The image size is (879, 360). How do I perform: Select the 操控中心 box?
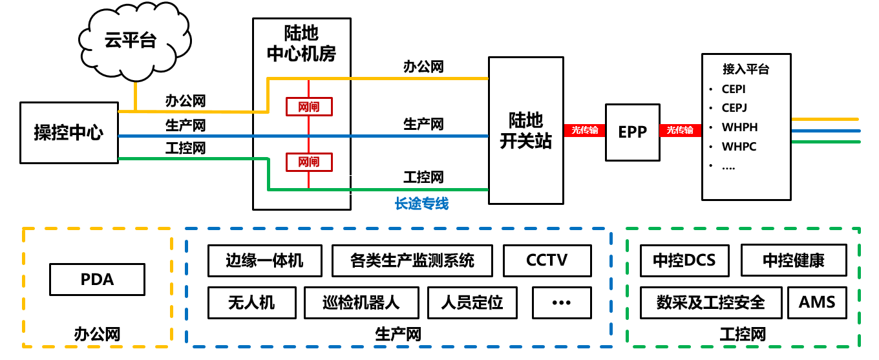[69, 132]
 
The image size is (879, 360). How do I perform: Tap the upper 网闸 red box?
[309, 107]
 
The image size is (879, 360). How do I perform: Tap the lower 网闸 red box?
[309, 162]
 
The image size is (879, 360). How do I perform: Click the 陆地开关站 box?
[525, 131]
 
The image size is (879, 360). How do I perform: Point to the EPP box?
[632, 132]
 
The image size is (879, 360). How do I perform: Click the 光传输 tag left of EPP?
[584, 130]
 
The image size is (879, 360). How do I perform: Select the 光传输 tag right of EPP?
[680, 130]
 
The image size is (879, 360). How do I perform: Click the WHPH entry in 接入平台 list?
[739, 127]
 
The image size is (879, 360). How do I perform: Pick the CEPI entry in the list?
[734, 89]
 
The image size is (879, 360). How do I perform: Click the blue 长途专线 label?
[421, 204]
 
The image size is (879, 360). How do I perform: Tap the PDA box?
[97, 279]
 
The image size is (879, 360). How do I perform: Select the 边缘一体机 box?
[264, 260]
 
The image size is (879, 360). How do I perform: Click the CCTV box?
[547, 260]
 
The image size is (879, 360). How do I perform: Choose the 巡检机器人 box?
[361, 302]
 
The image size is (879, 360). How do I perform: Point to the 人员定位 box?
[472, 302]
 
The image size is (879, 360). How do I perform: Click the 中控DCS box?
[684, 260]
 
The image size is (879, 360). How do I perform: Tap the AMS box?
[817, 302]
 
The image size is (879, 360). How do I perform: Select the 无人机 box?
[251, 302]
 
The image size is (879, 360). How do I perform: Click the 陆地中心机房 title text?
[301, 43]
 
